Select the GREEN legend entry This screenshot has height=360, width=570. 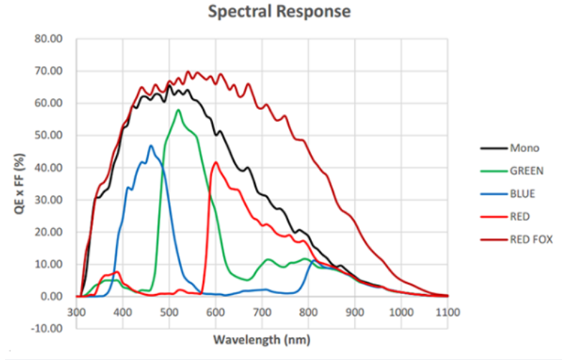526,171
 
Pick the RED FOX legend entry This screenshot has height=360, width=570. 530,238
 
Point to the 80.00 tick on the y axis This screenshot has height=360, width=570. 54,39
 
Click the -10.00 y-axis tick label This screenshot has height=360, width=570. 52,328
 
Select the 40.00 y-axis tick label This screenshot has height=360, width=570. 54,168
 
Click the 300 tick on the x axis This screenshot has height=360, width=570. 77,313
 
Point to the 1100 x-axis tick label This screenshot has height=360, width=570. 447,313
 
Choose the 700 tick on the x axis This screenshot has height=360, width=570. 262,313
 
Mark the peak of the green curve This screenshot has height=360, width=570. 178,110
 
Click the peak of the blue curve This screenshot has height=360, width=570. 151,146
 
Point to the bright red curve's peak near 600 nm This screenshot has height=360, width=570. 216,162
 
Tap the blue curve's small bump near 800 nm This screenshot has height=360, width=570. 313,262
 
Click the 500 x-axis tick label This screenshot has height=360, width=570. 170,313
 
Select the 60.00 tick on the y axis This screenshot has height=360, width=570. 54,103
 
